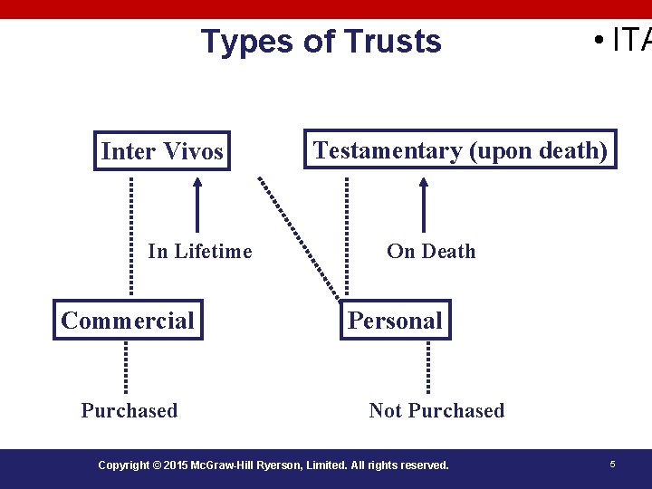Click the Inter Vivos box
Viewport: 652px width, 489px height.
pyautogui.click(x=162, y=151)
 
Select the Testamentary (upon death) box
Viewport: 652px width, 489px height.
pyautogui.click(x=460, y=150)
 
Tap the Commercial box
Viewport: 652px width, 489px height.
pyautogui.click(x=128, y=320)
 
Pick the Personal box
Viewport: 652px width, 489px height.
pyautogui.click(x=395, y=320)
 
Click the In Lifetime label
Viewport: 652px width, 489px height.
pyautogui.click(x=200, y=251)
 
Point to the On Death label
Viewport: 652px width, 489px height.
pyautogui.click(x=431, y=251)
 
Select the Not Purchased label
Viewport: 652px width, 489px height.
pyautogui.click(x=436, y=410)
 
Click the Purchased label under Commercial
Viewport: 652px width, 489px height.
pyautogui.click(x=129, y=410)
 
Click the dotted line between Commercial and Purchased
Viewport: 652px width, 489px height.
pyautogui.click(x=126, y=367)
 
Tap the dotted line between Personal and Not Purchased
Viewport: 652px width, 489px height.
pyautogui.click(x=427, y=367)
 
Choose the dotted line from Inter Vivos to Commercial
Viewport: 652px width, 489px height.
pyautogui.click(x=130, y=235)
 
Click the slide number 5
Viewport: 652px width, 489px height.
pyautogui.click(x=612, y=465)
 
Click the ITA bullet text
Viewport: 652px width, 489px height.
pyautogui.click(x=625, y=41)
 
